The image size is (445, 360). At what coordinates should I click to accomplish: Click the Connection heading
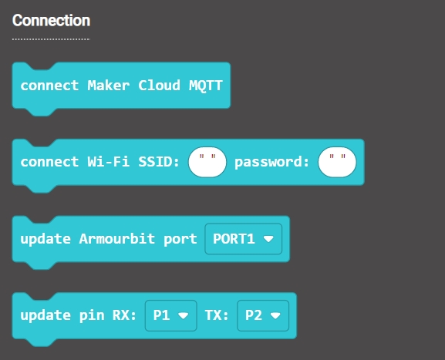[x=51, y=20]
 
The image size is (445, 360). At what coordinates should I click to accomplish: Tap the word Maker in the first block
[x=109, y=86]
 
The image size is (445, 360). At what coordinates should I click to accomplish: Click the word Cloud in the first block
[x=159, y=86]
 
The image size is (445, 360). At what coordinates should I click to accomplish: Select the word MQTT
[x=206, y=86]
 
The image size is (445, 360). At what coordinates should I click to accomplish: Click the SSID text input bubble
[x=207, y=162]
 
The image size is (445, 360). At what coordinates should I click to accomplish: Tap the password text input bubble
[x=337, y=162]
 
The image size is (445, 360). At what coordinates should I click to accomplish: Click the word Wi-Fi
[x=109, y=162]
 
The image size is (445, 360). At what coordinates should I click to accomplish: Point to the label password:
[x=272, y=162]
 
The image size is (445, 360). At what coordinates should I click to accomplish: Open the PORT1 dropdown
[x=243, y=239]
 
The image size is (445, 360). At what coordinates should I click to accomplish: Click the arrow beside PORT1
[x=268, y=239]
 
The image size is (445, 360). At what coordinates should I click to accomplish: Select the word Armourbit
[x=117, y=238]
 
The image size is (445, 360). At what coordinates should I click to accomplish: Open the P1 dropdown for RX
[x=171, y=315]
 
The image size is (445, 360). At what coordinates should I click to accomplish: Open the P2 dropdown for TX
[x=263, y=315]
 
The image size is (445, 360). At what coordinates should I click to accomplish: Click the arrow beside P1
[x=183, y=315]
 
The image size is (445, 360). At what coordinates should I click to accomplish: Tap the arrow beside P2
[x=275, y=315]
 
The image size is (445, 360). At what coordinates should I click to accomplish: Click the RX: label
[x=125, y=315]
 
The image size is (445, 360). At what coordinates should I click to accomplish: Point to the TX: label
[x=217, y=315]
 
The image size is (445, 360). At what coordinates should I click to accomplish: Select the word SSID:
[x=159, y=162]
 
